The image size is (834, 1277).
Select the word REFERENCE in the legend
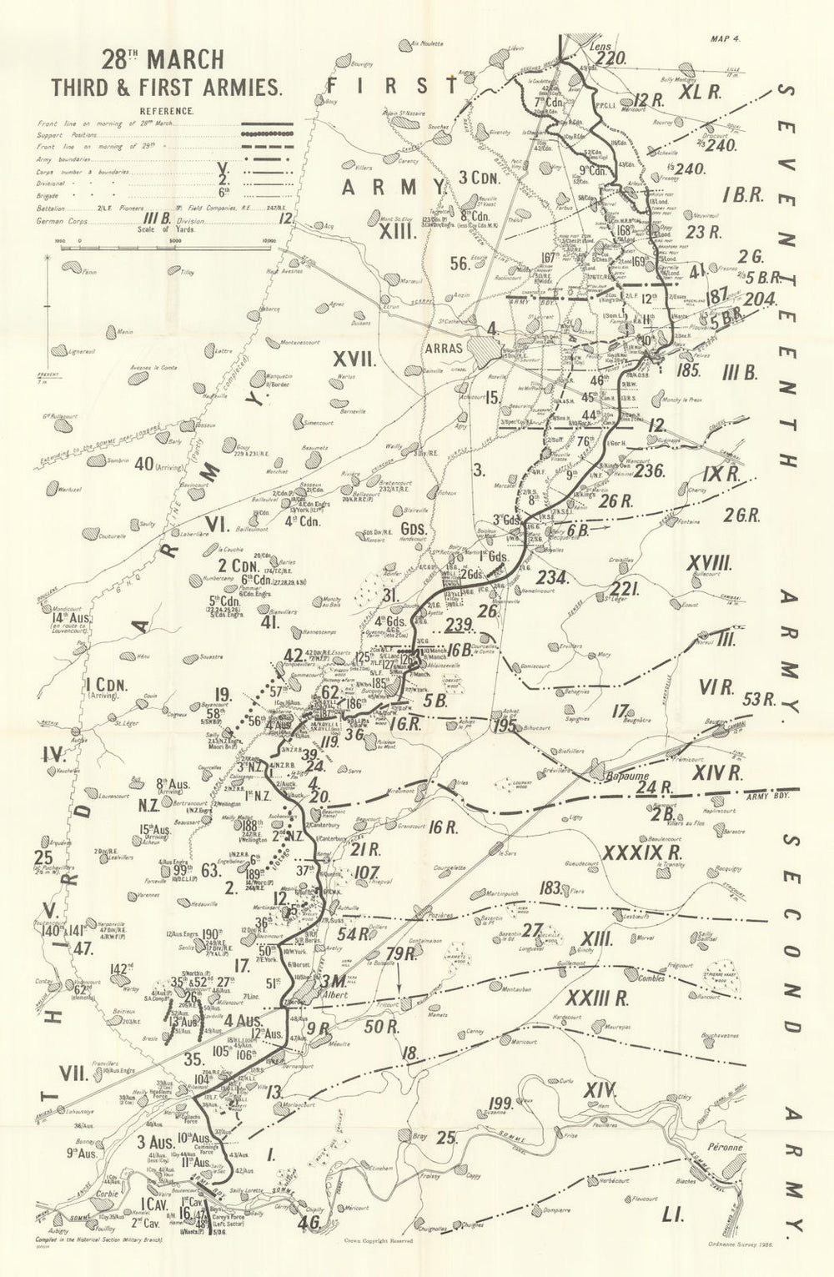point(167,109)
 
